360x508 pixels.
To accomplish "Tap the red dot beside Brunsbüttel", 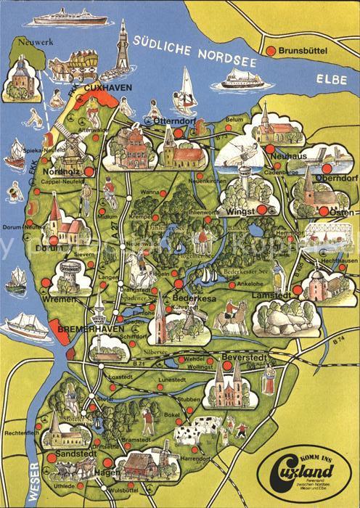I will pos(271,51).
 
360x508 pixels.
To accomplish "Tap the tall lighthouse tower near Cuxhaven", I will pos(123,54).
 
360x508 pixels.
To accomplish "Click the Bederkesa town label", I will pos(192,298).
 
